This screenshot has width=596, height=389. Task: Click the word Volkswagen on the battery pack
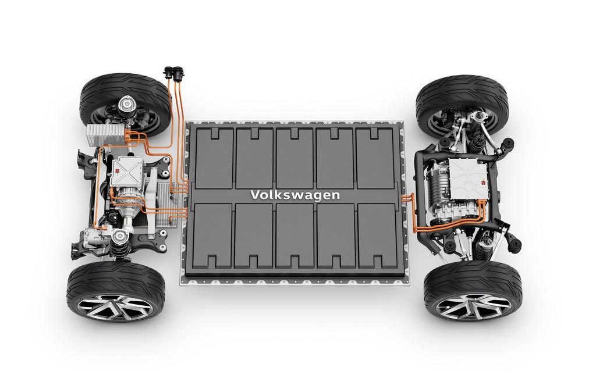(295, 195)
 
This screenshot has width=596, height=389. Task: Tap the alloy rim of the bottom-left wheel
(111, 306)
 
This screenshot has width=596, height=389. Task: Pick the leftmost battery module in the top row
(214, 158)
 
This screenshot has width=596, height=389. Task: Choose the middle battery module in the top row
(295, 158)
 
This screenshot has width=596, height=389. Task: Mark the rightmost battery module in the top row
(375, 158)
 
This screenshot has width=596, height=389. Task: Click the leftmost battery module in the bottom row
(213, 235)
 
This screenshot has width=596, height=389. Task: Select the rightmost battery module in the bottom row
(377, 235)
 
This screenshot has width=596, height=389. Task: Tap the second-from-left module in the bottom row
(254, 235)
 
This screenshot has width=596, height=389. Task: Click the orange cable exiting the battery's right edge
(410, 201)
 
